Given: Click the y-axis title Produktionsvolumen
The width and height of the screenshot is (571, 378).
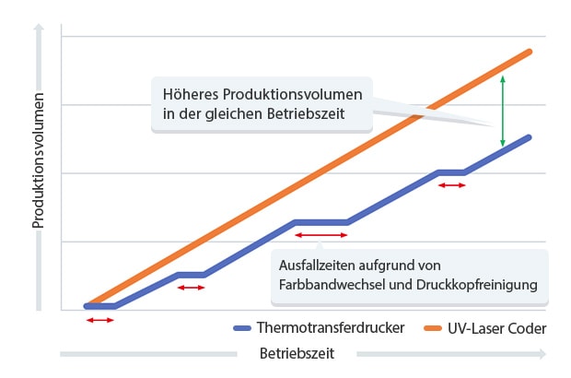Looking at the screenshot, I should [39, 161].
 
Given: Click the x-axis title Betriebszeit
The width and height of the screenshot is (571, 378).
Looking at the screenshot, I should [296, 353].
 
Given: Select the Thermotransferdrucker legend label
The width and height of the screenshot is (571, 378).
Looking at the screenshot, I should [331, 328].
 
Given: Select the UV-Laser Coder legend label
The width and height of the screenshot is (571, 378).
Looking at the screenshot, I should [495, 328].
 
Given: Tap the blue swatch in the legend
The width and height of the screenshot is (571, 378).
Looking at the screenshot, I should [243, 328].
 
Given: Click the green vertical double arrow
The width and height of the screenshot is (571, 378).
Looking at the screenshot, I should [502, 111].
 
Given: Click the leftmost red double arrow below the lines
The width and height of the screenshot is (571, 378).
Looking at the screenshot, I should [99, 320].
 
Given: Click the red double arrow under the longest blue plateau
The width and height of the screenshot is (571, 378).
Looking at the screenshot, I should [320, 236].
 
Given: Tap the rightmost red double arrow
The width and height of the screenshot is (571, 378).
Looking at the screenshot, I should [451, 185].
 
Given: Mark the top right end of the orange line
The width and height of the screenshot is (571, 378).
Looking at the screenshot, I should [530, 52].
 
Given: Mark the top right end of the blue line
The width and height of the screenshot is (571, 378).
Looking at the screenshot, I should [530, 137].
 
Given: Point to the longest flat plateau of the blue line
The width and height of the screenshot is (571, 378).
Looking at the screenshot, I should [320, 222].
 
